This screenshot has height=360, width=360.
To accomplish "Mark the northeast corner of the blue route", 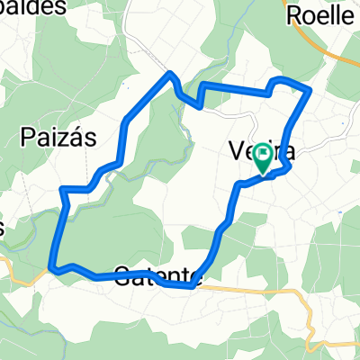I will tap(310, 90).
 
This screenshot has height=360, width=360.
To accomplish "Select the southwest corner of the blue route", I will tap(52, 267).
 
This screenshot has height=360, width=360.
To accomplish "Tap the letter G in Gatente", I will tap(123, 273).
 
